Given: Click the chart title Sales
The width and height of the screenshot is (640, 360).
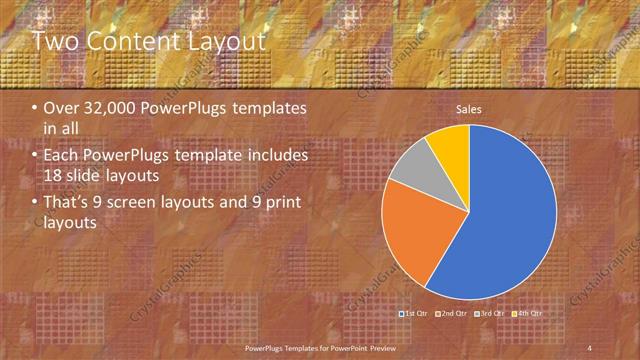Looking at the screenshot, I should (470, 108).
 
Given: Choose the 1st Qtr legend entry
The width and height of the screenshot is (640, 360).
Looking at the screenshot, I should (415, 314).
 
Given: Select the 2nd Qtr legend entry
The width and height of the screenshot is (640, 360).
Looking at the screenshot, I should (453, 314).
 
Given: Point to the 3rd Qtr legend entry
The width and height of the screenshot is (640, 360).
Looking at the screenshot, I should (490, 314).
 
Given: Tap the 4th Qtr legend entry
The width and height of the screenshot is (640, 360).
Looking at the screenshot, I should (528, 314).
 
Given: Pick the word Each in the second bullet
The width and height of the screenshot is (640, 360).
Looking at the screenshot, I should (61, 157).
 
